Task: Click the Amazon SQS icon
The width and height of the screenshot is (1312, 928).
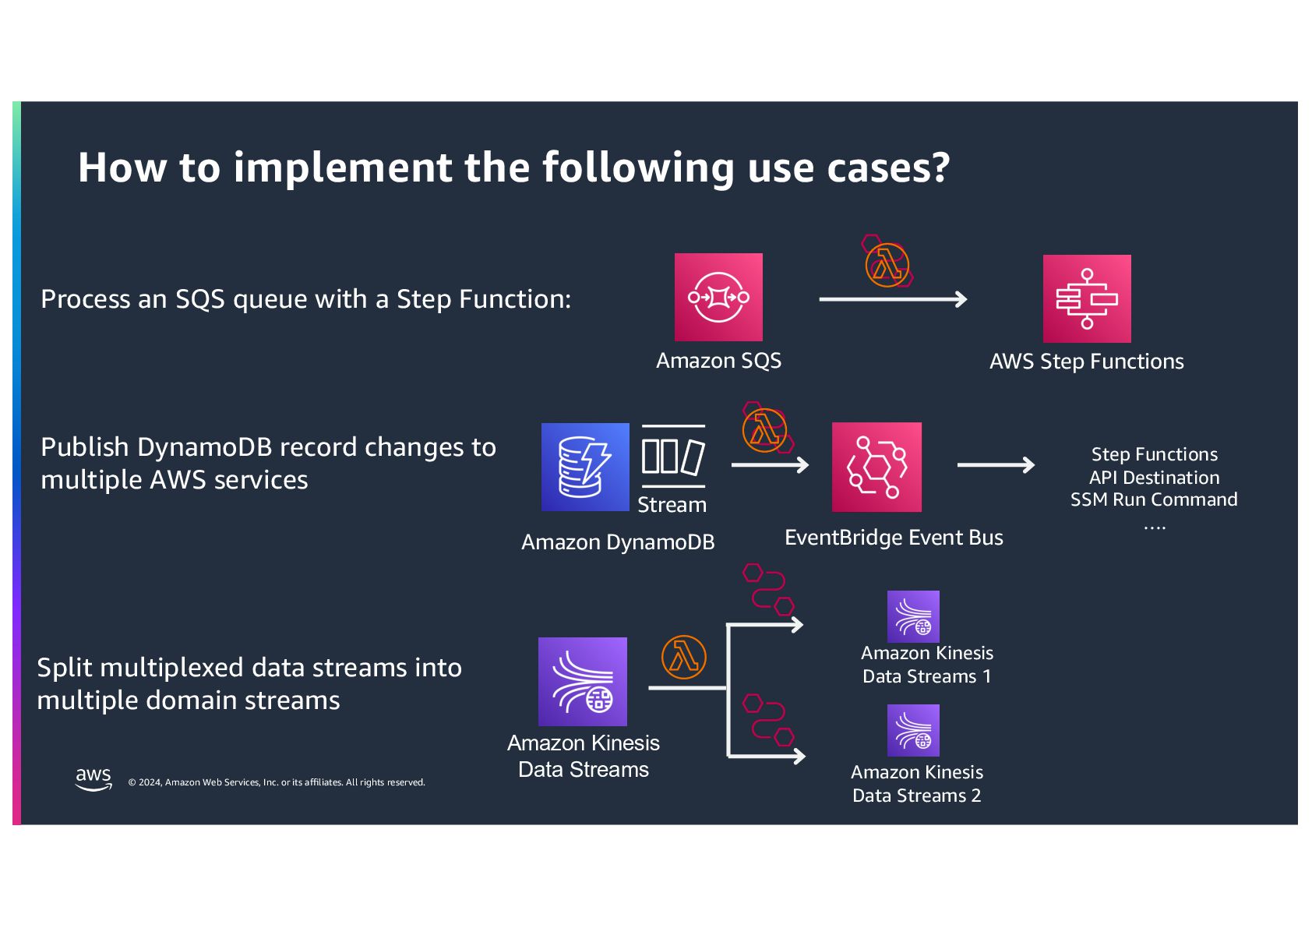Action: click(x=718, y=297)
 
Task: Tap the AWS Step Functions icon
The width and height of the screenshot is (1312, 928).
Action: click(x=1087, y=298)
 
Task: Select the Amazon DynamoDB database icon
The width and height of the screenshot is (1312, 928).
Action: click(x=585, y=467)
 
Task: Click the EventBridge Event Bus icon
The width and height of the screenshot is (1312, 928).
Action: click(x=876, y=467)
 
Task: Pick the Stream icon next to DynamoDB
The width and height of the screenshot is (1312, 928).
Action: click(x=673, y=457)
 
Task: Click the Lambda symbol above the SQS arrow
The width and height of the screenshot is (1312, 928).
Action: click(x=887, y=265)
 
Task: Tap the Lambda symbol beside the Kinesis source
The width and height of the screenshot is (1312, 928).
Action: click(x=683, y=657)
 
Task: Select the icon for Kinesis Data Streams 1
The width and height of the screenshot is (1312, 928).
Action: click(x=913, y=616)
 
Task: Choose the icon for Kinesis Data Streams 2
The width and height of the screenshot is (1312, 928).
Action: click(x=913, y=730)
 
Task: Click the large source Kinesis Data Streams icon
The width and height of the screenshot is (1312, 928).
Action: click(x=583, y=682)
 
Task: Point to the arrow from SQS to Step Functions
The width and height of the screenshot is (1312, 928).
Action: click(x=893, y=299)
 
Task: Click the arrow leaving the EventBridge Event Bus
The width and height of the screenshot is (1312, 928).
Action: click(x=996, y=465)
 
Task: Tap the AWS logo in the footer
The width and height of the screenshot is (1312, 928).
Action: click(x=93, y=778)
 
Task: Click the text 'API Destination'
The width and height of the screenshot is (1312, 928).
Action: click(x=1154, y=478)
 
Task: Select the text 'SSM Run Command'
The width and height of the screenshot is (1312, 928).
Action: click(x=1154, y=499)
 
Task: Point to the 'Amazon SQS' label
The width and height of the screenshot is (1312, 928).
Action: click(x=718, y=361)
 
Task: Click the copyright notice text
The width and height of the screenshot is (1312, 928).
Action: click(x=277, y=782)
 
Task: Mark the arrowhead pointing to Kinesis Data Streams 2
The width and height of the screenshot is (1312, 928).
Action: click(x=799, y=756)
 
